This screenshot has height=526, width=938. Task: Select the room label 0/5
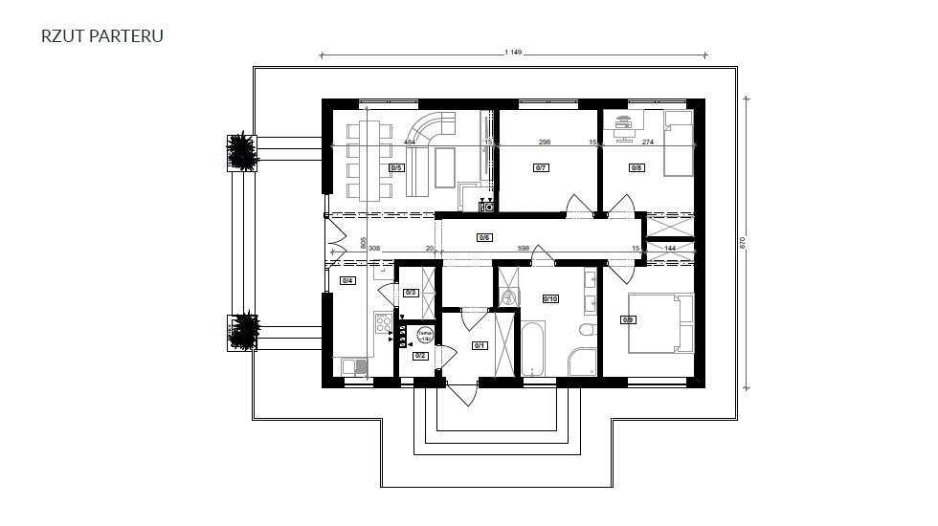click(396, 167)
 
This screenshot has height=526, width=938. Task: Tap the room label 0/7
click(540, 167)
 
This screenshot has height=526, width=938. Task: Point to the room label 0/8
click(636, 167)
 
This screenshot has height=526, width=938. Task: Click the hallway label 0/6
click(484, 237)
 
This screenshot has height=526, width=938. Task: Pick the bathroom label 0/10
click(550, 298)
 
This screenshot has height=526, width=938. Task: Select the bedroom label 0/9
click(628, 319)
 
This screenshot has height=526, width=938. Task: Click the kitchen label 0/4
click(347, 280)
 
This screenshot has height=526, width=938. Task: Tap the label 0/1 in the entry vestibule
click(480, 346)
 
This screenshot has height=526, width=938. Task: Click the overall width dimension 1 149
click(510, 53)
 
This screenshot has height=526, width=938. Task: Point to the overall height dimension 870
click(743, 243)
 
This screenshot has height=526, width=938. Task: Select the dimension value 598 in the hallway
click(523, 249)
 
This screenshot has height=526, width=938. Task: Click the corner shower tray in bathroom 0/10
click(581, 362)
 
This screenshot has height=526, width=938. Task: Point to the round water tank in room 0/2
click(425, 335)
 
